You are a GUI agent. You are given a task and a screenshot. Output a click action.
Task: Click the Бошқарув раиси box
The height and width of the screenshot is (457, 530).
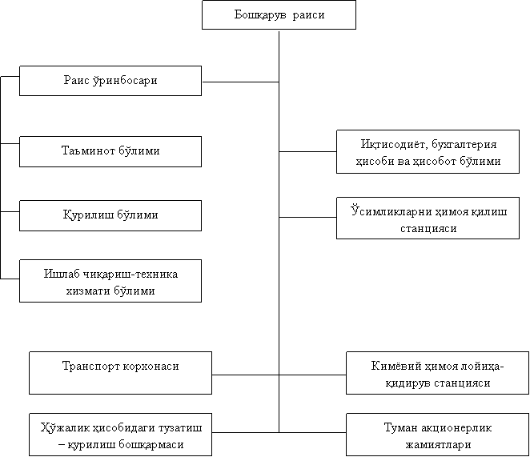tap(279, 15)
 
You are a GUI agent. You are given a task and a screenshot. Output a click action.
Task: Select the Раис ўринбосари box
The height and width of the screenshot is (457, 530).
tap(110, 81)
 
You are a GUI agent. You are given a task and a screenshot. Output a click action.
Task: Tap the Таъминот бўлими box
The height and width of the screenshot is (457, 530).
tap(110, 151)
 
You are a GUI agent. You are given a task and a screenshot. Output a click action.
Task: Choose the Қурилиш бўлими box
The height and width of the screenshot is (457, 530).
tap(110, 215)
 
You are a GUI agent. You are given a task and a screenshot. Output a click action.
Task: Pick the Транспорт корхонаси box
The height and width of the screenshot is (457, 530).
tap(120, 373)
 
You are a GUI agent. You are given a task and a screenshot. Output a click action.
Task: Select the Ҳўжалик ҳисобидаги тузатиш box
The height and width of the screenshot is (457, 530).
tap(120, 435)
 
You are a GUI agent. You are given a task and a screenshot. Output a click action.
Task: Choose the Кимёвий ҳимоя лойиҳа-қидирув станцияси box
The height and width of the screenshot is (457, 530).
tap(437, 374)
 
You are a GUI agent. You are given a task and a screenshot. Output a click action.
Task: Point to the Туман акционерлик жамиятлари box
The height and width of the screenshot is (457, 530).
tap(437, 435)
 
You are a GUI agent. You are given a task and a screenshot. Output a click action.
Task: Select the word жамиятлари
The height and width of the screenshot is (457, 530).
tap(437, 443)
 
